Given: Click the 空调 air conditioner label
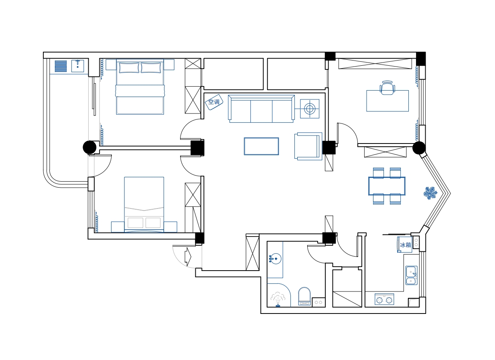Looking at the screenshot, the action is coord(214,102).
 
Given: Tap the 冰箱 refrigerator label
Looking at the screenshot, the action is coord(405,245).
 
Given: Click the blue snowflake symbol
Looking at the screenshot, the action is coord(430,193).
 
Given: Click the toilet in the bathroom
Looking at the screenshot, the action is coord(304,296).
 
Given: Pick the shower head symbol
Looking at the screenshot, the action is coord(278,299).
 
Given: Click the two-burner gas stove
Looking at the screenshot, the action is coord(384,299).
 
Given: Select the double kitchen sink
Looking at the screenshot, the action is coord(412,275).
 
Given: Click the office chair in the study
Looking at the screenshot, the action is coord(387,88).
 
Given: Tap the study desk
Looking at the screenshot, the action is coord(387,101).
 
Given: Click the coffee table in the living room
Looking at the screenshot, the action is coord(261,146).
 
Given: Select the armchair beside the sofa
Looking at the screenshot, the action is coord(308,146).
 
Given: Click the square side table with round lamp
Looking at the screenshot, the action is coord(310,109).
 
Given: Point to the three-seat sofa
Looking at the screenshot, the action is coord(261,109).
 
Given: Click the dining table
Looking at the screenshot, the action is coord(387,186).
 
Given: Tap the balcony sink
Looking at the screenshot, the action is coord(77,66).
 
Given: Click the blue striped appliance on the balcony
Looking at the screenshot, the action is coord(61,66).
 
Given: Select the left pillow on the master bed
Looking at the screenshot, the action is coord(129,68).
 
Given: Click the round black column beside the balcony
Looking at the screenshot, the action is coord(89,147).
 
